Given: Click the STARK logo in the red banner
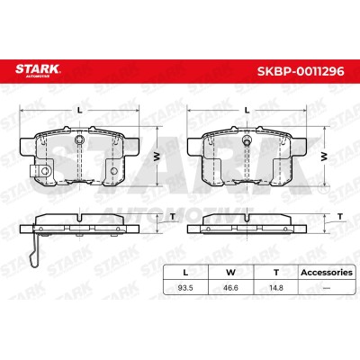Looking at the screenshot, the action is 38,70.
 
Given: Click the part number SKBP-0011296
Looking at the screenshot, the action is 301,72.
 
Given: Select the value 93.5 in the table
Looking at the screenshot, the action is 185,288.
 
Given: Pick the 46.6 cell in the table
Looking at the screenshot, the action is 230,288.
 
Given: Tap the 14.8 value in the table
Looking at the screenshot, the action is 276,288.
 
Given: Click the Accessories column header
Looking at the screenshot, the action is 327,273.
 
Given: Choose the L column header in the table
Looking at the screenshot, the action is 185,273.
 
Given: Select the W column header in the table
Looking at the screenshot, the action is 230,273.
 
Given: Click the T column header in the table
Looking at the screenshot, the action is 276,273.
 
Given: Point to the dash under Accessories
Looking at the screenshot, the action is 327,288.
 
